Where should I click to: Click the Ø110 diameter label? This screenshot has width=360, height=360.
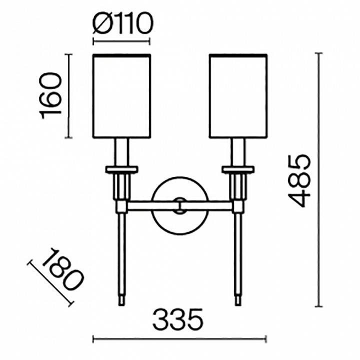pos(122,23)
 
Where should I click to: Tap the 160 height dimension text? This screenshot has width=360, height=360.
pos(50,95)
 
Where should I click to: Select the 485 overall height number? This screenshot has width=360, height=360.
pos(299,181)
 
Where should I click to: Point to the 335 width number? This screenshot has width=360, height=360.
pos(178,319)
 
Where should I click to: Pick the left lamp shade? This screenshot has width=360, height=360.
pos(121,96)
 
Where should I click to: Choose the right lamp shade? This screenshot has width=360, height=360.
pos(238,96)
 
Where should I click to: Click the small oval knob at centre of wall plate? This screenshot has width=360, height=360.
pos(180,205)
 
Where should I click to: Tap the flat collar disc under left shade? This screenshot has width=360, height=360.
pos(121,169)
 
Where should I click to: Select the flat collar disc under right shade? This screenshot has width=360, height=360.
pos(238,169)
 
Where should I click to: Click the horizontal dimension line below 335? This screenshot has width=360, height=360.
pos(179,339)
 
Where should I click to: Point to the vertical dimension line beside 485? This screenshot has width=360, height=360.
pos(318,180)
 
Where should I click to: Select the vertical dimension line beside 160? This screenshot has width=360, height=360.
pos(68,96)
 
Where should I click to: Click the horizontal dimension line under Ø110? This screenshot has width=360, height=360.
pos(121,42)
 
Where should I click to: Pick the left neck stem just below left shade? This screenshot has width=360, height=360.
pos(121,152)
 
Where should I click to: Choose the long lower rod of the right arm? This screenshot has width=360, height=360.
pos(238,253)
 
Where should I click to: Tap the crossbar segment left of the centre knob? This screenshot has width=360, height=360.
pos(152,205)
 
